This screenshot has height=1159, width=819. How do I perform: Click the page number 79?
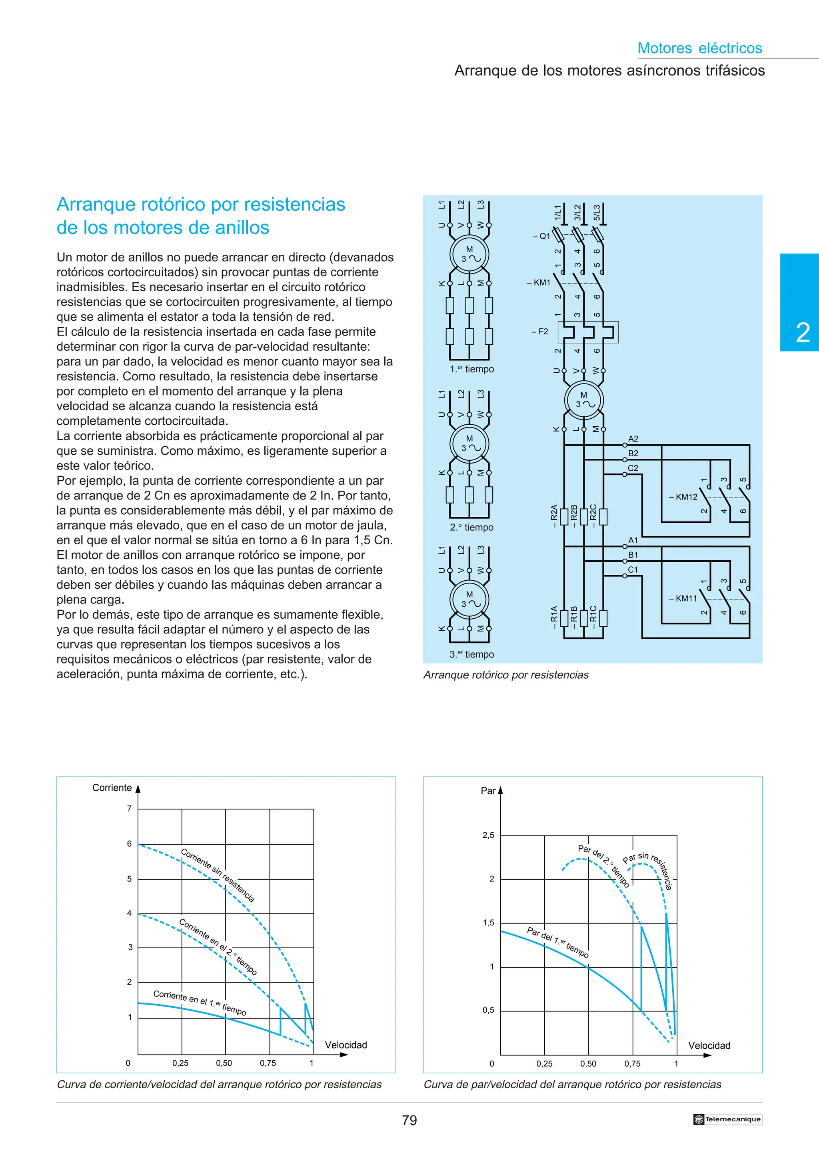point(409,1120)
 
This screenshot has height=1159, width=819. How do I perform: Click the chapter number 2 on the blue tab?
point(802,333)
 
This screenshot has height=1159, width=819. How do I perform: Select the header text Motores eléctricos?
point(699,48)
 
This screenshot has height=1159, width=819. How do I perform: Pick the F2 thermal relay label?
point(540,332)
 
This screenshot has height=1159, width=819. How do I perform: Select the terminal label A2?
point(633,439)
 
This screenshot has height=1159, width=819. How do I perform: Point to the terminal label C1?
point(633,570)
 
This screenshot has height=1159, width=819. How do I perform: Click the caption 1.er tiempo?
point(472,370)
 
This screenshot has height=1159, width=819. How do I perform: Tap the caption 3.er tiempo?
point(472,655)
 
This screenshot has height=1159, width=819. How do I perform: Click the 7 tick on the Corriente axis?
point(129,809)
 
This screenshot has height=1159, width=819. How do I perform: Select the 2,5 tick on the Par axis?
point(488,835)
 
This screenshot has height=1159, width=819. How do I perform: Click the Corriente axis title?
point(112,788)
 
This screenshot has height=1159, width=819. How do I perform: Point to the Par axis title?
point(488,791)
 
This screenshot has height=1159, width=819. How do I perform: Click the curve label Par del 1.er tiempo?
point(557,942)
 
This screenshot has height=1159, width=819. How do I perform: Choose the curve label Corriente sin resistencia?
point(218,875)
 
